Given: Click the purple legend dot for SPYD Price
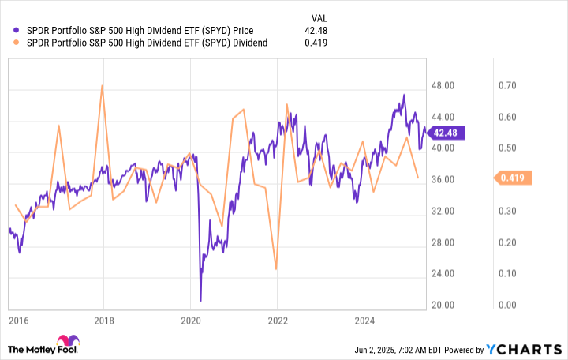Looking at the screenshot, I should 17,32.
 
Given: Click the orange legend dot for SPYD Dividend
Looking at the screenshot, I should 17,43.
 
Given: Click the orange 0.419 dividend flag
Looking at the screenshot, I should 514,178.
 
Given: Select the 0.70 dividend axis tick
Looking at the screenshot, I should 506,85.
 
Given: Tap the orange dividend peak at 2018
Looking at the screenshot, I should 103,86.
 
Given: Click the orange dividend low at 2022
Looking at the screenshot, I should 276,269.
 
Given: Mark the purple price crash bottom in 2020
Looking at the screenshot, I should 200,300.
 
